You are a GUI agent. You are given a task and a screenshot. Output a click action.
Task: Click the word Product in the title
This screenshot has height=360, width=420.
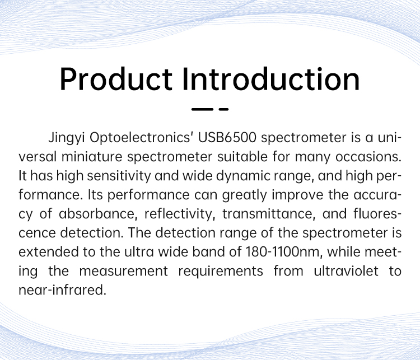click(116, 80)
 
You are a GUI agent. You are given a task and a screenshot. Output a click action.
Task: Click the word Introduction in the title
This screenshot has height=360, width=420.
click(271, 79)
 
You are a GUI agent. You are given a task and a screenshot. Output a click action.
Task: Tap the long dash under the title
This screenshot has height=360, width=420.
click(202, 109)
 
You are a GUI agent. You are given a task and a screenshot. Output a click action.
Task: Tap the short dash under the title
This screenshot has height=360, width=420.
click(223, 109)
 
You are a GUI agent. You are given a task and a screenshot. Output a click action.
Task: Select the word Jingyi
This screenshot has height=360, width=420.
click(67, 138)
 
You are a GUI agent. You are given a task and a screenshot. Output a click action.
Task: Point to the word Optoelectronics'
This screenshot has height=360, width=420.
click(142, 138)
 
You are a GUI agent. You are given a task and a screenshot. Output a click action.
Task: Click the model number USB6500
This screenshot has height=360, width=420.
click(227, 138)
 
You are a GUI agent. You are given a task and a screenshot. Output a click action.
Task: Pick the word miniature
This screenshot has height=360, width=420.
click(92, 157)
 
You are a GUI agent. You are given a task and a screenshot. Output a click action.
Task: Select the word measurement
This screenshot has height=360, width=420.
click(124, 272)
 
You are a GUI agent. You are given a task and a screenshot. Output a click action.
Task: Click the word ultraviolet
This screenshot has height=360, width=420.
click(346, 271)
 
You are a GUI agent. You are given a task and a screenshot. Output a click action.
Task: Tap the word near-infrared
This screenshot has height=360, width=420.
click(62, 290)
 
